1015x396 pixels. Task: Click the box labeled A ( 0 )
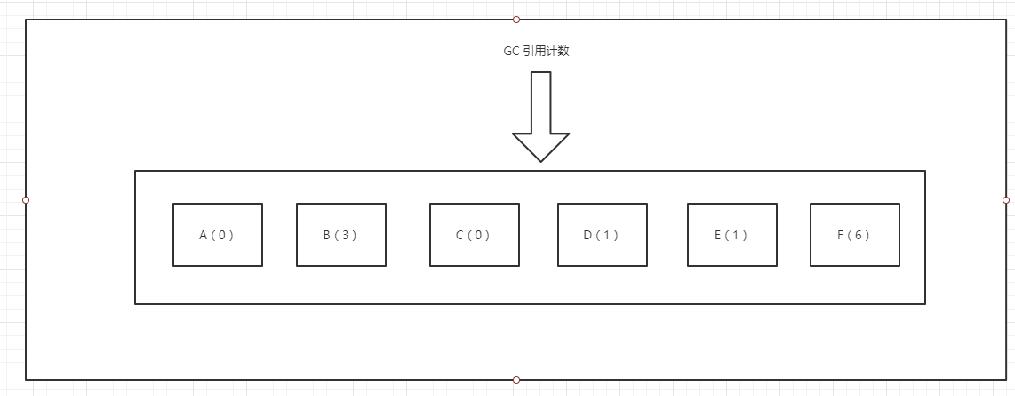[218, 235]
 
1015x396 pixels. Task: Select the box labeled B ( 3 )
[341, 235]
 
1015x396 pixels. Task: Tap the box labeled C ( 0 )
[475, 235]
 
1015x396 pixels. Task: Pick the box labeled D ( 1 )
[603, 235]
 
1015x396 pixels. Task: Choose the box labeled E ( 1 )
[732, 235]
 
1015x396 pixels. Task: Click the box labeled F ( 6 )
[855, 235]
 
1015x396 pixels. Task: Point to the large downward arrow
[541, 117]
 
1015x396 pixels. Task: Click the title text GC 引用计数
[537, 52]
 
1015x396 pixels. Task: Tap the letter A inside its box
[203, 235]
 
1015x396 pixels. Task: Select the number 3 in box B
[345, 235]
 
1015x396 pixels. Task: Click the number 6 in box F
[859, 235]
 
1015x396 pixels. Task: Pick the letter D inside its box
[587, 235]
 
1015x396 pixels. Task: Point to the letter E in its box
[718, 235]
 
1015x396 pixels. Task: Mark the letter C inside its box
[460, 235]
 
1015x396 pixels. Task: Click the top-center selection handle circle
[515, 20]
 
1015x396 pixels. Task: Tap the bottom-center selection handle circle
[515, 380]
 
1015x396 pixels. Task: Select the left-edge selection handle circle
[26, 200]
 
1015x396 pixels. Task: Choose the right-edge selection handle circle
[1006, 200]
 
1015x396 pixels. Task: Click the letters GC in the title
[511, 52]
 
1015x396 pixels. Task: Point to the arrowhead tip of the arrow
[541, 162]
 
